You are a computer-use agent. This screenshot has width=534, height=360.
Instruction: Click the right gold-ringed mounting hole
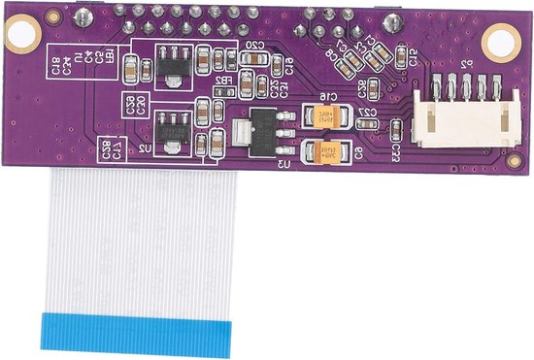tap(501, 39)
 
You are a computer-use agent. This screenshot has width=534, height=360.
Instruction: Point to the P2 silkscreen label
tap(466, 65)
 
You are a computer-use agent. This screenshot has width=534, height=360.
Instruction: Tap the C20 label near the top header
tap(255, 46)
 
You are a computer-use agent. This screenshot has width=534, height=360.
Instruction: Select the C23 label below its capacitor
tap(396, 153)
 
